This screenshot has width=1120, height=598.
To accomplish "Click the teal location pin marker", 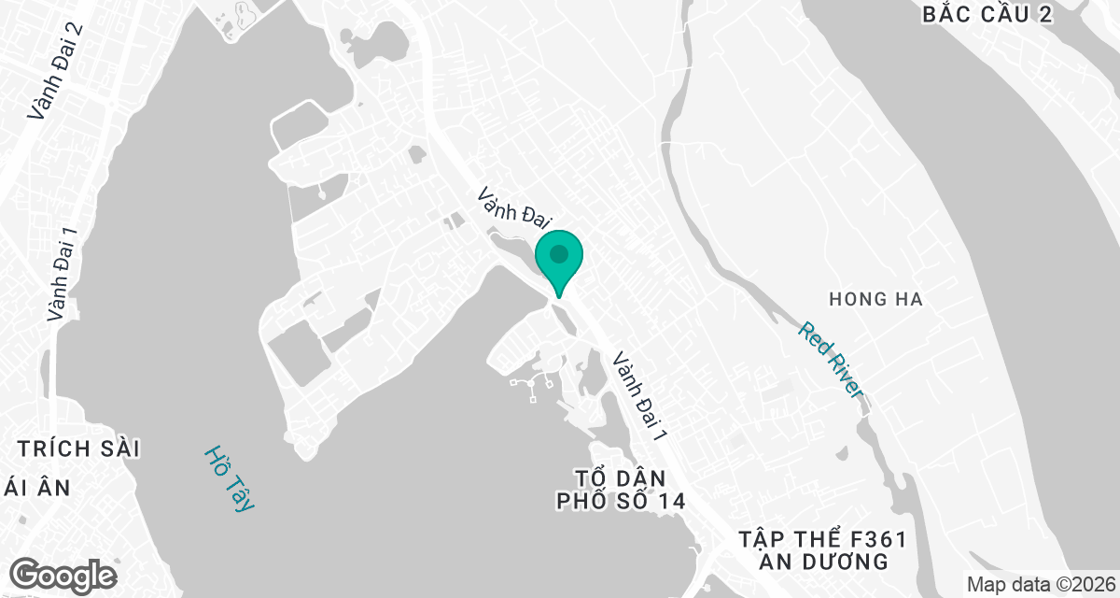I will [x=558, y=262].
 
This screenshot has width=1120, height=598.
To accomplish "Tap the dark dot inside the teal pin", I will [x=558, y=253].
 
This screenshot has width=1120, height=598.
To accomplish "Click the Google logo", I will [x=63, y=574].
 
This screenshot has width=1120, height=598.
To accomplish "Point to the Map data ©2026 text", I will [x=1039, y=584].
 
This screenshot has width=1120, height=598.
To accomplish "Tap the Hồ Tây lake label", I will [x=229, y=477].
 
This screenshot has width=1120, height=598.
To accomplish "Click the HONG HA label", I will [x=875, y=299].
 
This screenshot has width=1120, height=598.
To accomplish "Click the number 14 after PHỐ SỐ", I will [x=669, y=501].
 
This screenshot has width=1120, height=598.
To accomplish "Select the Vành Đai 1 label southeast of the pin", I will [x=640, y=397].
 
